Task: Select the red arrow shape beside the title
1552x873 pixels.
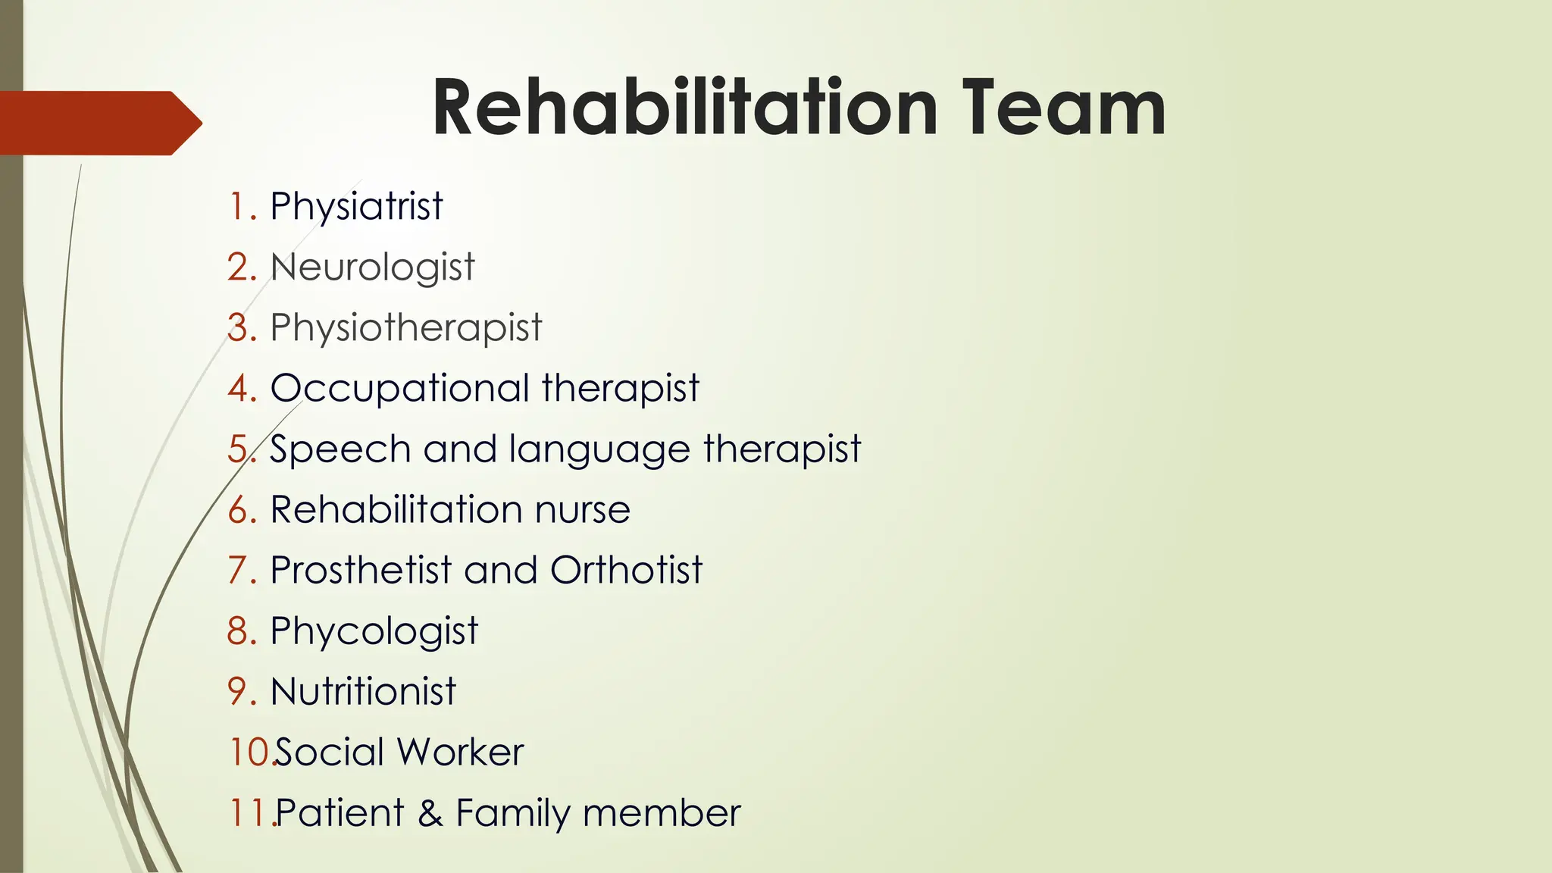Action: pyautogui.click(x=99, y=123)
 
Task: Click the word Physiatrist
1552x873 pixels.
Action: pyautogui.click(x=356, y=206)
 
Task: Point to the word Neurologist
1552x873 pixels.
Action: pyautogui.click(x=372, y=267)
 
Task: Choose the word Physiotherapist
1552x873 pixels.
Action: pyautogui.click(x=406, y=327)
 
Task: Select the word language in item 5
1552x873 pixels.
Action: pyautogui.click(x=599, y=449)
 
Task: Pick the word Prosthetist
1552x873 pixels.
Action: pyautogui.click(x=361, y=570)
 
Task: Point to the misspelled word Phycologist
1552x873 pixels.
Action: pyautogui.click(x=374, y=630)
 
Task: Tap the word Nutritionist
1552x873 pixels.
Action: pyautogui.click(x=363, y=691)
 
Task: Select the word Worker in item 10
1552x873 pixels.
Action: pyautogui.click(x=460, y=752)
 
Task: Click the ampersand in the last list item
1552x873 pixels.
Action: pyautogui.click(x=430, y=813)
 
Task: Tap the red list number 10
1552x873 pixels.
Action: pyautogui.click(x=248, y=752)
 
